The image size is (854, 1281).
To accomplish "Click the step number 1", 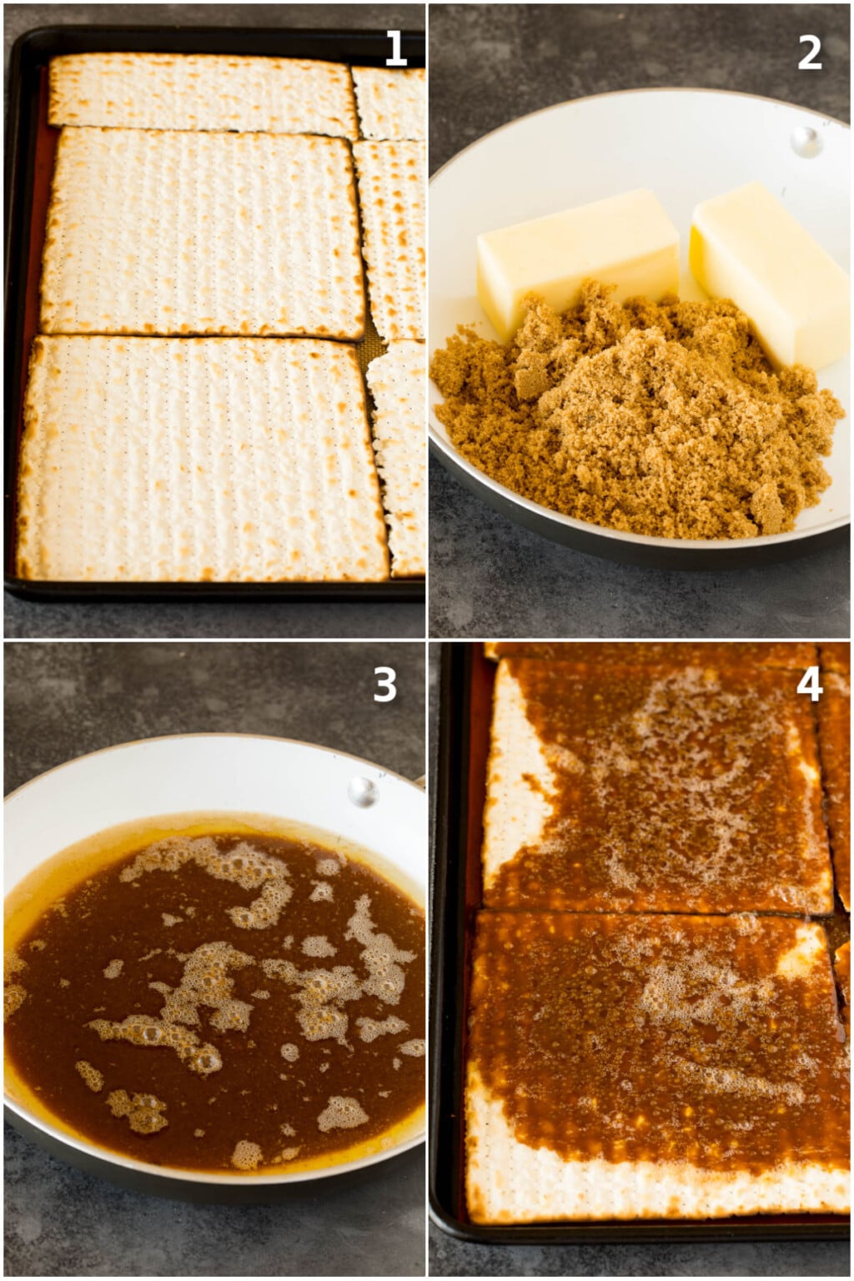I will [395, 49].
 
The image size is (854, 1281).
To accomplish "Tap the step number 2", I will [809, 53].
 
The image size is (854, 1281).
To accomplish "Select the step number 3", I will [384, 685].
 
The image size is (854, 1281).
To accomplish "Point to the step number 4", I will [810, 684].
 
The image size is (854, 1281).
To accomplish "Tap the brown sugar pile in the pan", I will [634, 417].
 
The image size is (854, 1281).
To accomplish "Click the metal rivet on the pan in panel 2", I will [806, 142].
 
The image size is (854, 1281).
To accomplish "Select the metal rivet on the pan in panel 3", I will [363, 791].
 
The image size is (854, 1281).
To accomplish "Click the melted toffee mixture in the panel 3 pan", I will [208, 1001].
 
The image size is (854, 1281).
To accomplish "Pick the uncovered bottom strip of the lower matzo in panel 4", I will [651, 1184].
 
